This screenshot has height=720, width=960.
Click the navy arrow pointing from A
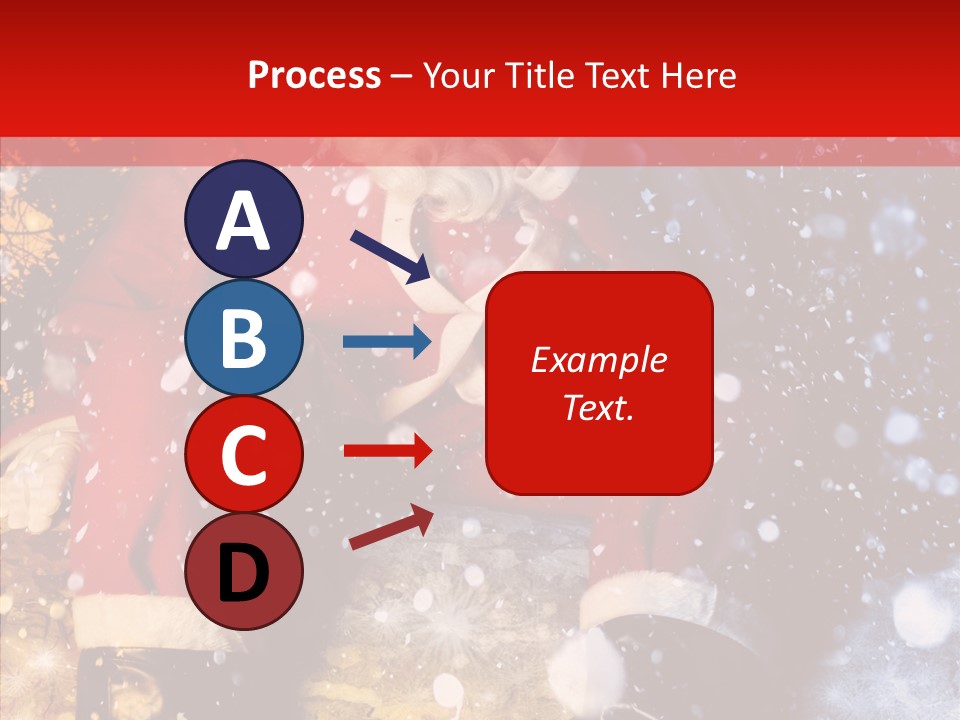(x=390, y=256)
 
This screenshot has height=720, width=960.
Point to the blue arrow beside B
(x=387, y=342)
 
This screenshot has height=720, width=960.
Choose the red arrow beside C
(x=387, y=450)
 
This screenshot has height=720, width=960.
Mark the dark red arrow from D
(x=391, y=527)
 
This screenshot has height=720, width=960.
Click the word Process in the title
(x=314, y=76)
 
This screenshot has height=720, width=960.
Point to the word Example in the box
(x=598, y=360)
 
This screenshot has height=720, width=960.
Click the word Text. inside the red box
(x=598, y=408)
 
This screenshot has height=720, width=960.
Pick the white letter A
(x=243, y=222)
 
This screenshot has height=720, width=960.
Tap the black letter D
(x=243, y=574)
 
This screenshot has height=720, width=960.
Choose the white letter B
(x=243, y=338)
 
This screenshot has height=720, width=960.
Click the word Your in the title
(x=458, y=76)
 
